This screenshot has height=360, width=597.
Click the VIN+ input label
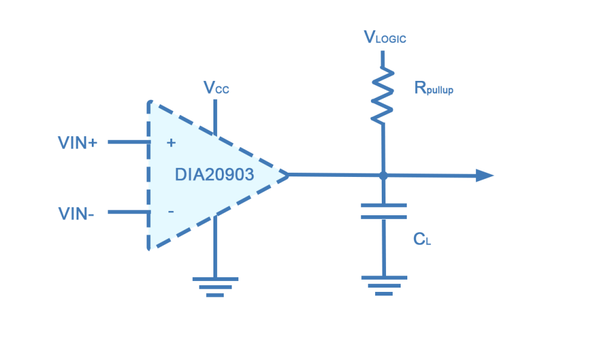[77, 143]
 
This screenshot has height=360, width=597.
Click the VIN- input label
[76, 213]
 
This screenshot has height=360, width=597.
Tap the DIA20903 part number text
[214, 175]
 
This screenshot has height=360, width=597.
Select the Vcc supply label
[216, 89]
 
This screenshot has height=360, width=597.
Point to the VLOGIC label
[385, 38]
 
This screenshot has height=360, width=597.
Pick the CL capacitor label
[422, 240]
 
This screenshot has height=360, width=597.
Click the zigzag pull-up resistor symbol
[383, 95]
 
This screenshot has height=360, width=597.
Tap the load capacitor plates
[383, 210]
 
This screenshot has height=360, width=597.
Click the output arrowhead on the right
[485, 176]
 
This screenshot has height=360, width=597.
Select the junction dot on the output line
[383, 176]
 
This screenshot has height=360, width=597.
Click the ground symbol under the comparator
[215, 286]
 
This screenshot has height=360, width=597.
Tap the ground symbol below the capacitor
[383, 285]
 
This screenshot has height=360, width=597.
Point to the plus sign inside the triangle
[171, 143]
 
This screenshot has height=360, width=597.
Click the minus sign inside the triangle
[171, 212]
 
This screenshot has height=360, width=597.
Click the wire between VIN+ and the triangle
[128, 143]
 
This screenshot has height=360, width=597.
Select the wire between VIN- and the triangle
[128, 213]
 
